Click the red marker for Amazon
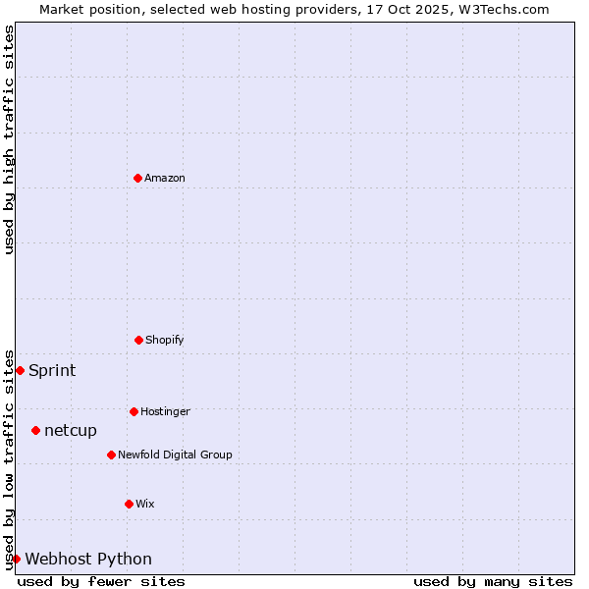click(x=137, y=178)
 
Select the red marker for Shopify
click(x=138, y=340)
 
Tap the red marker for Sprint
click(x=20, y=370)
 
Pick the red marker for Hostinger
click(x=134, y=411)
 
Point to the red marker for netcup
click(x=35, y=430)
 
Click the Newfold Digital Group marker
click(x=111, y=455)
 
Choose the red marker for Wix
click(x=129, y=504)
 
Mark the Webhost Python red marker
click(x=16, y=559)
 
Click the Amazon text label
click(x=165, y=178)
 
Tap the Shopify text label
click(x=165, y=340)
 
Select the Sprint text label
click(x=52, y=370)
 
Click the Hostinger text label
click(x=165, y=411)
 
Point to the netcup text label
click(x=71, y=430)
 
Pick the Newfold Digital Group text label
click(x=175, y=455)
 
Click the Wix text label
click(x=145, y=504)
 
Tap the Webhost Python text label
click(x=88, y=559)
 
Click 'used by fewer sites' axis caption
click(x=101, y=581)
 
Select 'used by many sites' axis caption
click(x=493, y=581)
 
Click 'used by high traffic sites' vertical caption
click(x=9, y=139)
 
